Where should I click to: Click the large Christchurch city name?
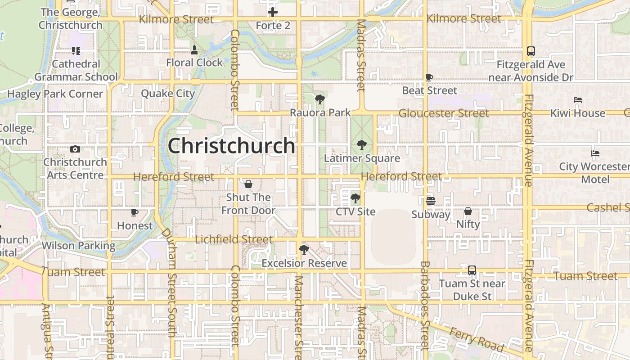[231, 146]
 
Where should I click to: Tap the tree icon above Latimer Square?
[361, 145]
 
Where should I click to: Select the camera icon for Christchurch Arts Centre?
[75, 149]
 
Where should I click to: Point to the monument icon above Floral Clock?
[194, 49]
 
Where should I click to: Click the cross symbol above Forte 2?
[273, 12]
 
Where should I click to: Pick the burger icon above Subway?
[431, 201]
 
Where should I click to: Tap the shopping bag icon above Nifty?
[468, 211]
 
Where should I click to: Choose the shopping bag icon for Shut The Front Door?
[248, 184]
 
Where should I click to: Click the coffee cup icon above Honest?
[134, 212]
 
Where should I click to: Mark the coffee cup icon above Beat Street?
[429, 77]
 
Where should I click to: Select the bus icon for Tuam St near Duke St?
[472, 270]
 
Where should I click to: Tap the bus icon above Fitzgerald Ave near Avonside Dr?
[531, 51]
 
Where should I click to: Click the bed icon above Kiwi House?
[578, 100]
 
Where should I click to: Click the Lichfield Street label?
[234, 239]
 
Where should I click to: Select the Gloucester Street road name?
[444, 113]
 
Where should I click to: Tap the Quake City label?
[168, 94]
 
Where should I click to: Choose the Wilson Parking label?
[79, 246]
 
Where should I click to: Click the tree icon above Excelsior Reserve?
[304, 250]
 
